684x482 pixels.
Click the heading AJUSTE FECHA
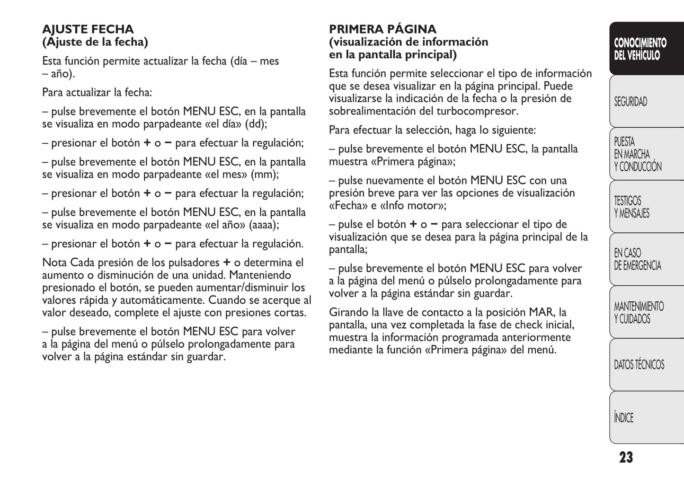point(88,29)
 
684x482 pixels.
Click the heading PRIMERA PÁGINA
point(382,29)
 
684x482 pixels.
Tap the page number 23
point(626,457)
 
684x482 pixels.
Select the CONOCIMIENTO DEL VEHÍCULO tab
point(640,49)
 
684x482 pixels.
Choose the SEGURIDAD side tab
point(631,102)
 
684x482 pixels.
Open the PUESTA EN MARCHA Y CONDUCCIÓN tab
point(637,154)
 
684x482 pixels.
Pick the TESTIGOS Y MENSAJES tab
point(631,207)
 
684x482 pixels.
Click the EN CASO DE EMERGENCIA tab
point(637,259)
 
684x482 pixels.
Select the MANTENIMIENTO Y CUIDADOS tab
point(639,312)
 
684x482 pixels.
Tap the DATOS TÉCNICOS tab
point(639,365)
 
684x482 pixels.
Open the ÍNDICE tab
point(623,418)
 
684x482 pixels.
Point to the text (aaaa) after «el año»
point(264,225)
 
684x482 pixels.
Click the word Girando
point(349,312)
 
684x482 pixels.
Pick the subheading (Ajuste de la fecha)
point(95,42)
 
